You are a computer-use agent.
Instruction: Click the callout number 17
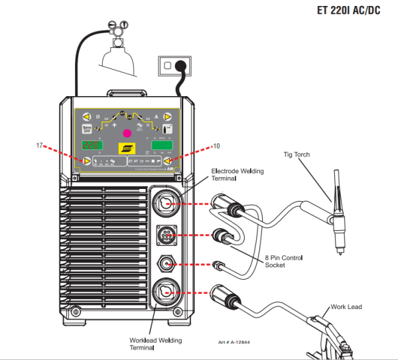[x=39, y=144]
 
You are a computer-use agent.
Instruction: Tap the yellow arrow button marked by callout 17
[x=86, y=161]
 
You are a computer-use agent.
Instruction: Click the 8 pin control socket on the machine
[x=165, y=235]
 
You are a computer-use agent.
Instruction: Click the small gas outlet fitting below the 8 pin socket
[x=165, y=265]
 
